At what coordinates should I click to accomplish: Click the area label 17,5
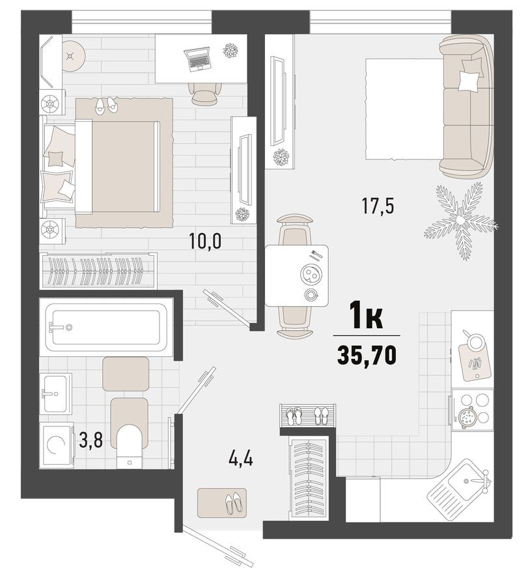coord(378,205)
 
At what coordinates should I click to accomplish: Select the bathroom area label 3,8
coord(91,441)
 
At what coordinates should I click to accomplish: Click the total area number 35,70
coord(367,354)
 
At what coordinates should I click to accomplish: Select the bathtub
coord(106,328)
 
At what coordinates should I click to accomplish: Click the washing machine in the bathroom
coord(56,445)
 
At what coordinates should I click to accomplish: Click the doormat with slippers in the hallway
coord(222,502)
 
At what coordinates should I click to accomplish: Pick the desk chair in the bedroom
coord(204,94)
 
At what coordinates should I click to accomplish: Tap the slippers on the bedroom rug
coord(106,105)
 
